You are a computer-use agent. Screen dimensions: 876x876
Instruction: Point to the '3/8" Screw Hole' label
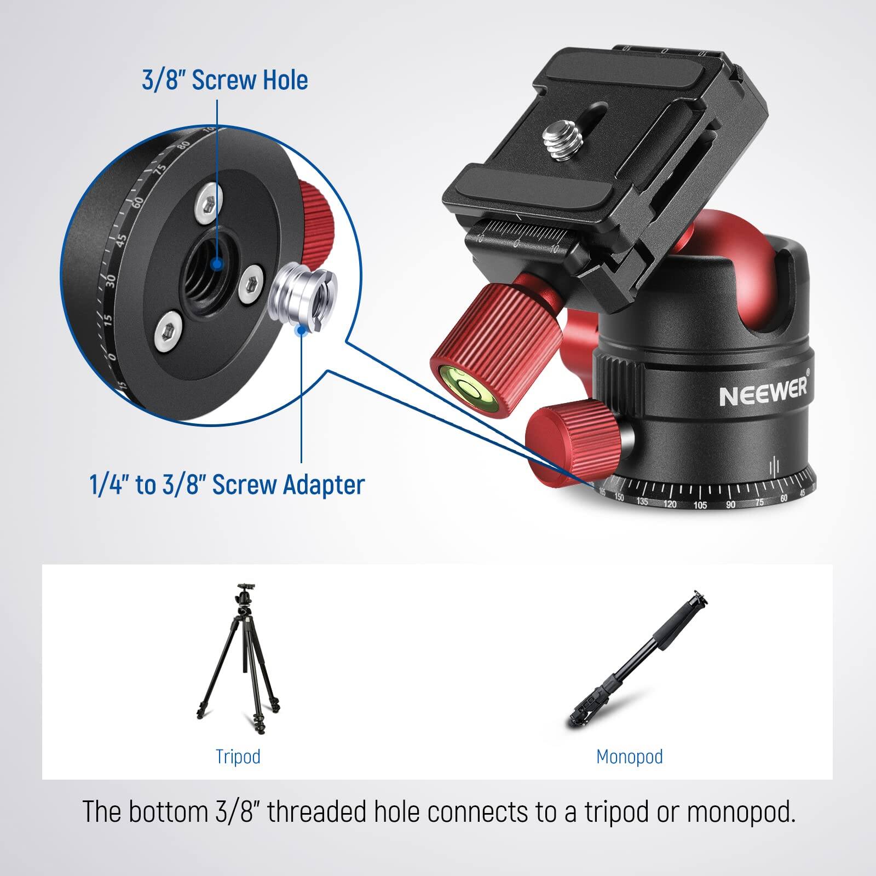[224, 80]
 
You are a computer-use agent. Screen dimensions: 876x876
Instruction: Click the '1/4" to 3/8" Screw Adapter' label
[227, 485]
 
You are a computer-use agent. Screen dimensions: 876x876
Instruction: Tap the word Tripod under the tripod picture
[238, 757]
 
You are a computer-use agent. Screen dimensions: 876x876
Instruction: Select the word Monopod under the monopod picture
[629, 757]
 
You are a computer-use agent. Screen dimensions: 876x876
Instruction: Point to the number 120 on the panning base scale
[670, 504]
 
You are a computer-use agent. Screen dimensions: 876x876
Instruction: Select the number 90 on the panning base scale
[730, 504]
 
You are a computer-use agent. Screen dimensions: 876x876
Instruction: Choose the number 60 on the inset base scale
[137, 202]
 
